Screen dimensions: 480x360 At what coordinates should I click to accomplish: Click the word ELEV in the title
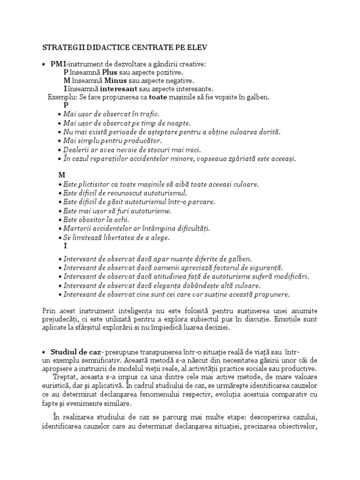197,47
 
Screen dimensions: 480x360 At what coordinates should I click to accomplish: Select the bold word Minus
115,81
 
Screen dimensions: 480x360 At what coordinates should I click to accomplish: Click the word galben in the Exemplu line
258,97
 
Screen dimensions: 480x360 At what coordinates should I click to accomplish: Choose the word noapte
178,123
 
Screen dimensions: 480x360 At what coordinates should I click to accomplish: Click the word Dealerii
77,150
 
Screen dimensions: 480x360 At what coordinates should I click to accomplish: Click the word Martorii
78,228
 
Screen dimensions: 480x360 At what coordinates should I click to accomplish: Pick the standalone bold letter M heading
61,175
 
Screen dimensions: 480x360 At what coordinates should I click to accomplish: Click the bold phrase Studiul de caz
77,352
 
